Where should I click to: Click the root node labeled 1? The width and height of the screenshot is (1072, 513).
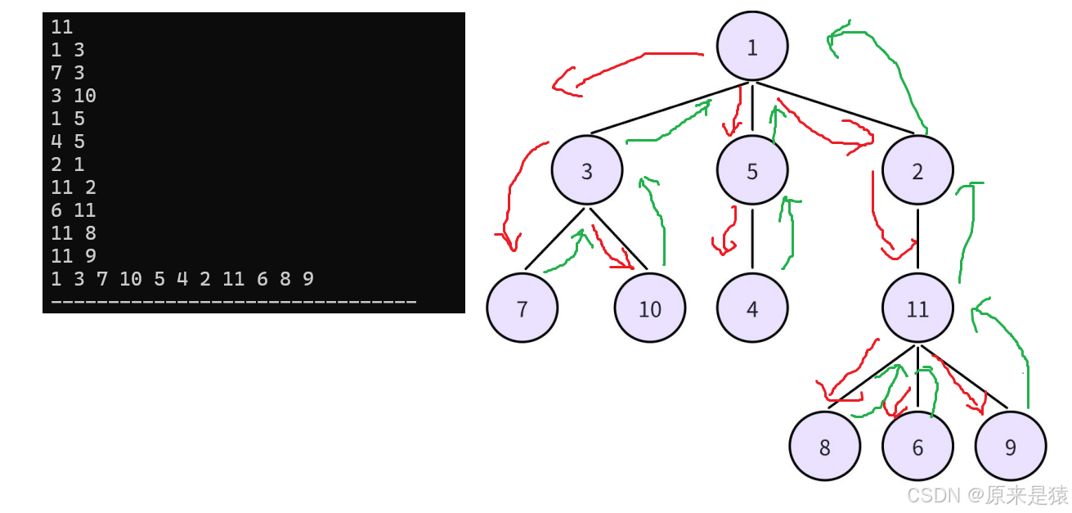751,47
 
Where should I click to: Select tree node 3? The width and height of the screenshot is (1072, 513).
586,171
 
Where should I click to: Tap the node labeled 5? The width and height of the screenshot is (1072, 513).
751,171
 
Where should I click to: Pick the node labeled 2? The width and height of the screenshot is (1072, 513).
917,171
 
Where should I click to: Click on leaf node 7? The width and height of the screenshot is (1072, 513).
522,308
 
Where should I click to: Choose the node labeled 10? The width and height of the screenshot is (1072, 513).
649,308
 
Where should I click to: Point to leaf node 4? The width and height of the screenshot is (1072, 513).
751,308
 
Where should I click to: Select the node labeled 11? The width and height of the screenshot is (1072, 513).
917,308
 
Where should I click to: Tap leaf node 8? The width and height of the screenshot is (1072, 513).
824,447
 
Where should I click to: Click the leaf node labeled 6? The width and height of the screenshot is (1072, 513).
917,447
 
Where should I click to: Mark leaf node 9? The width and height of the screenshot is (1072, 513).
1010,447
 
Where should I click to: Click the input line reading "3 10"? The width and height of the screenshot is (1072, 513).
74,96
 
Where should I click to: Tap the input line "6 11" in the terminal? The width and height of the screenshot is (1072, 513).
74,210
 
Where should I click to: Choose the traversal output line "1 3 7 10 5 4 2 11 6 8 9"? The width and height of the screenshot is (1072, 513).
182,279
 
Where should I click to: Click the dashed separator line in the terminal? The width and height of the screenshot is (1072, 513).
233,302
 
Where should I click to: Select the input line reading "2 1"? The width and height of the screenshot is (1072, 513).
67,164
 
